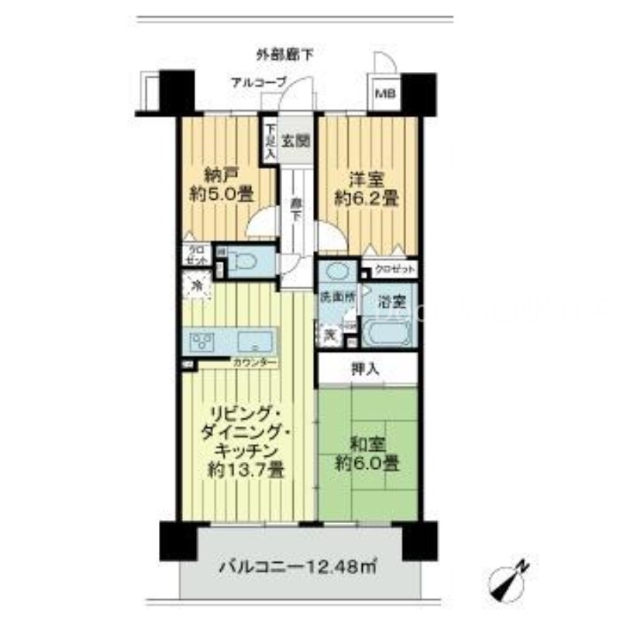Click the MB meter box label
(385, 95)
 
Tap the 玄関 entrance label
(297, 141)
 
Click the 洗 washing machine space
(329, 336)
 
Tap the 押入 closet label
(367, 370)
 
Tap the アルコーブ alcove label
(258, 81)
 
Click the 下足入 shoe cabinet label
(269, 143)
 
